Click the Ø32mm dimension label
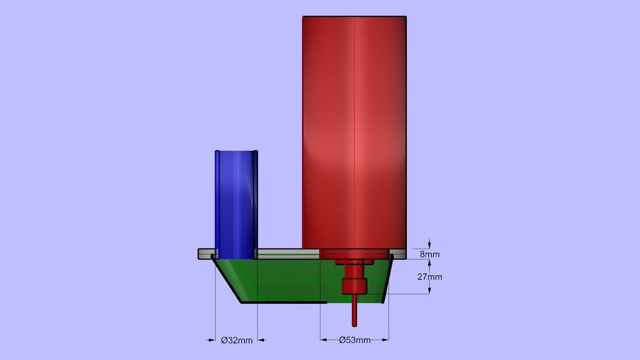point(237,340)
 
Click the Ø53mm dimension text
point(354,340)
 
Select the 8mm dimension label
point(430,254)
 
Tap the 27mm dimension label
point(430,277)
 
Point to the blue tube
point(236,200)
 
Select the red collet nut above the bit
point(354,287)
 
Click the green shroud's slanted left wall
point(229,281)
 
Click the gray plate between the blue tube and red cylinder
point(287,254)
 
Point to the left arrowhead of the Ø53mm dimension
point(323,340)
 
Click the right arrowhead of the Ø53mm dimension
point(386,340)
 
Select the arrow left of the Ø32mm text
point(211,340)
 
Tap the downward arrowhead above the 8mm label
point(430,246)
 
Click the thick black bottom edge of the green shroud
point(284,303)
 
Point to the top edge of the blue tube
point(236,151)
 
